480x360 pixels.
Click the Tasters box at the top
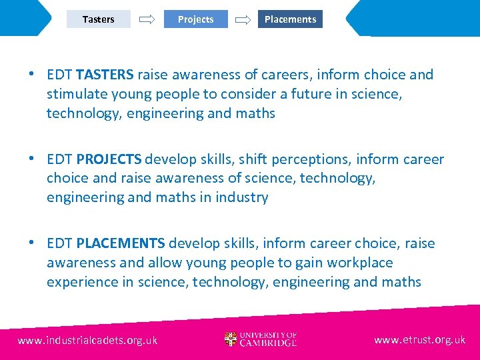[99, 19]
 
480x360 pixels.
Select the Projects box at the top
[195, 19]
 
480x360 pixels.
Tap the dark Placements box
[290, 19]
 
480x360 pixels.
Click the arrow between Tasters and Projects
[146, 20]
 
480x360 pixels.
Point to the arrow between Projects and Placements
[243, 20]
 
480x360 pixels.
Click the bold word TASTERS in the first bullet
[105, 75]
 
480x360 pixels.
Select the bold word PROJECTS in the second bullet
[109, 159]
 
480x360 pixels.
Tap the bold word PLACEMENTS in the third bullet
[120, 243]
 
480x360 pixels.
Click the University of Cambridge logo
[261, 339]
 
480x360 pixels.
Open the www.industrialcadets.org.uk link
[87, 340]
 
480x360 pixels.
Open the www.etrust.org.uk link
[420, 340]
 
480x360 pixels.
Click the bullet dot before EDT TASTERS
[32, 73]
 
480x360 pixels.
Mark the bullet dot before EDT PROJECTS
[32, 158]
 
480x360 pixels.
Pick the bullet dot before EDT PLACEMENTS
[32, 242]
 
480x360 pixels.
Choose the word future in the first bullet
[328, 94]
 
